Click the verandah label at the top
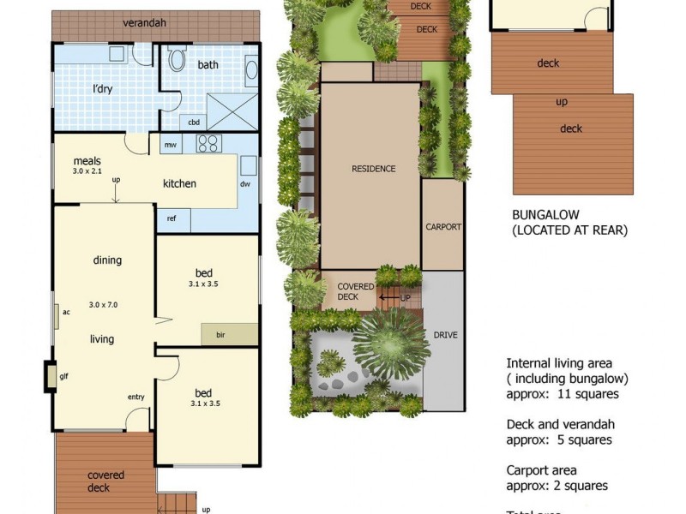[x=143, y=22]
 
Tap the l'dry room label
[x=104, y=88]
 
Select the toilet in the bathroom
[x=177, y=60]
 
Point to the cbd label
[x=194, y=122]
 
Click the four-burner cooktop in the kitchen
[x=208, y=143]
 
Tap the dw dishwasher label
[x=245, y=184]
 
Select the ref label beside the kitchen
[x=171, y=218]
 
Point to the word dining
[x=107, y=260]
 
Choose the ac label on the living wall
[x=65, y=312]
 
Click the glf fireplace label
[x=63, y=375]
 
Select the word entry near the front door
[x=135, y=397]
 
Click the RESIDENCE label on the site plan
[x=374, y=169]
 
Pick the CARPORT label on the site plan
[x=443, y=227]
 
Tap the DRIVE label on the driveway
[x=445, y=335]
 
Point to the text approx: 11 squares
[x=563, y=394]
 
